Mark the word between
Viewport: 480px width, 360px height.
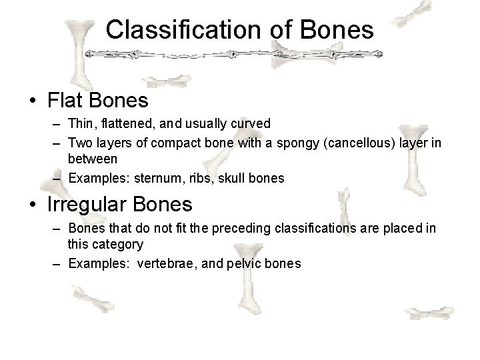93,159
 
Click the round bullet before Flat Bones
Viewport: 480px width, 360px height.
32,101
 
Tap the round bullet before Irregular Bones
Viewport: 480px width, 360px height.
32,203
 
